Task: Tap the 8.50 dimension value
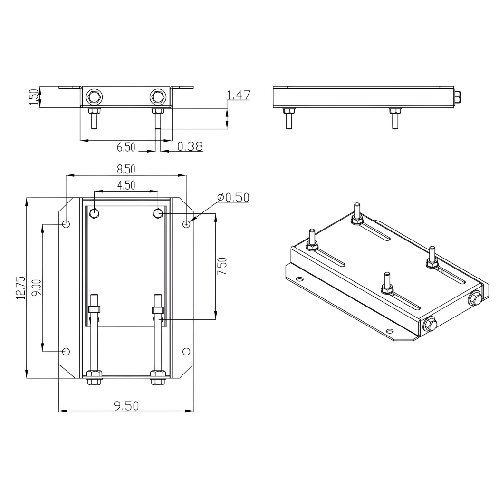click(126, 169)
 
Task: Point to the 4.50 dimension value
click(126, 185)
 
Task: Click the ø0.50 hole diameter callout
click(232, 197)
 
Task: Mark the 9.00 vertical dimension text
click(38, 288)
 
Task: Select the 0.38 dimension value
click(190, 146)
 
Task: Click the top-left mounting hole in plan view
click(67, 224)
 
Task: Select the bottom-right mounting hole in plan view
click(186, 352)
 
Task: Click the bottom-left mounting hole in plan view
click(67, 352)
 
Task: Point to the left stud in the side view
click(288, 118)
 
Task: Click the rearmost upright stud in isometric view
click(357, 211)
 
